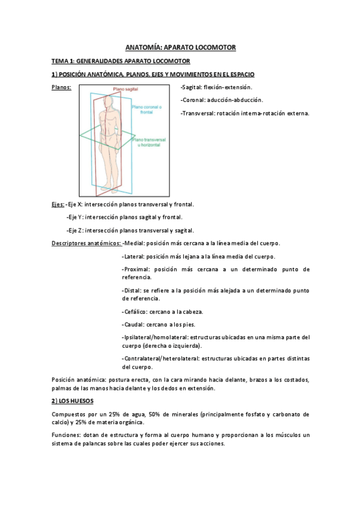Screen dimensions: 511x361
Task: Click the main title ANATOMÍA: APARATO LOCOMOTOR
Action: coord(180,46)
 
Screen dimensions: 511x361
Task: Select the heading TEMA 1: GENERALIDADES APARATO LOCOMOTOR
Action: coord(121,61)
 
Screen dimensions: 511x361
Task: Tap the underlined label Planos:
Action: coord(61,88)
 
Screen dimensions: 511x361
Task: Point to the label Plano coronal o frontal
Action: coord(145,109)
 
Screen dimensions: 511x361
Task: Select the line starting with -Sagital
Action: coord(218,88)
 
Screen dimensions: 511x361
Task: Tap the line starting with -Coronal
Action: coord(221,100)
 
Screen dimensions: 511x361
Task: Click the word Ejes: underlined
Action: coord(58,204)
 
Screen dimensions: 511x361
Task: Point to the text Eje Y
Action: coord(76,217)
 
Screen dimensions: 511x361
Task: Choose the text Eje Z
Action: coord(76,230)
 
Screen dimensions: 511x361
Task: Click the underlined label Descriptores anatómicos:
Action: coord(86,243)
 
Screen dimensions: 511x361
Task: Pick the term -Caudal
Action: coord(133,324)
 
